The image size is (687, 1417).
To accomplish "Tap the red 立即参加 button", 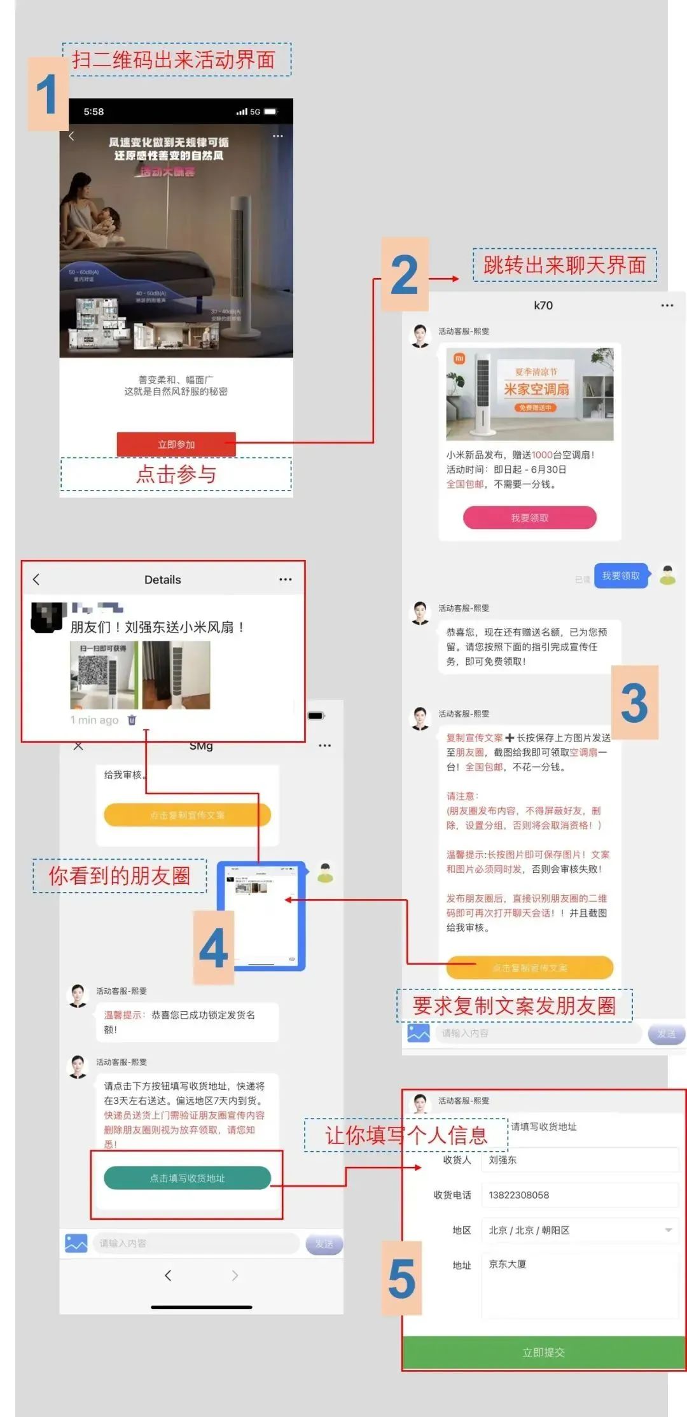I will tap(176, 444).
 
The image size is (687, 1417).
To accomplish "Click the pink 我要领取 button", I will tap(529, 517).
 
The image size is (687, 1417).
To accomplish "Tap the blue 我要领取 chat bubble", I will tap(621, 576).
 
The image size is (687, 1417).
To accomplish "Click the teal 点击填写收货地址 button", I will tap(187, 1178).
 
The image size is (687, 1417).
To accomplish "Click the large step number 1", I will tap(47, 94).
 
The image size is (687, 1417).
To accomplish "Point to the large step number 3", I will tap(634, 703).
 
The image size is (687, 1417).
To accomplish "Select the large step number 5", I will tap(401, 1278).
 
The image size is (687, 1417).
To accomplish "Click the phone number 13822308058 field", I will tap(579, 1195).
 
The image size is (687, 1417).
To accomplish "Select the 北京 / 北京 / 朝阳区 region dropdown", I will tap(579, 1230).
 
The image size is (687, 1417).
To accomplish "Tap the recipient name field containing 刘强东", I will tap(579, 1160).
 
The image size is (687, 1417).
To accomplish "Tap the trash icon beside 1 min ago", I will tap(132, 720).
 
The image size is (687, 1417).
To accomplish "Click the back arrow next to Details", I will tap(36, 579).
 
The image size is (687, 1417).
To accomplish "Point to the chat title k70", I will tap(543, 305).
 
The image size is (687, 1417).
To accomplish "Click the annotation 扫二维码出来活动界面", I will tap(174, 60).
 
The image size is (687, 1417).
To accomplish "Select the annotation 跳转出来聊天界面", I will tap(564, 265).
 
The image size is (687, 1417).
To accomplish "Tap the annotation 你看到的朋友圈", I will tap(120, 876).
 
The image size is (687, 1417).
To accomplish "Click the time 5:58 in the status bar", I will tap(94, 112).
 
